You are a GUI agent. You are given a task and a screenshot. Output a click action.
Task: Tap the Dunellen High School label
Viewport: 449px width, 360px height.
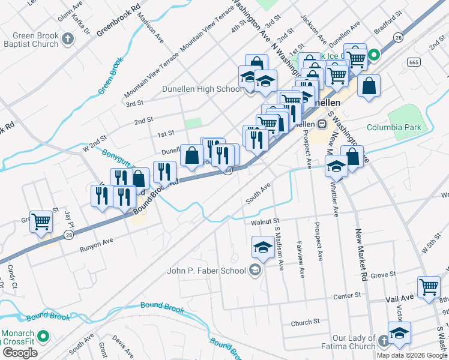tap(202, 89)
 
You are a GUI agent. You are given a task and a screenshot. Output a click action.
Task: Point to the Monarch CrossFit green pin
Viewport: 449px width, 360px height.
tap(42, 336)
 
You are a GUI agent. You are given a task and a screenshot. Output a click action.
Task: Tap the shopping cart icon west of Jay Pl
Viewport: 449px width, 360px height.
tap(41, 222)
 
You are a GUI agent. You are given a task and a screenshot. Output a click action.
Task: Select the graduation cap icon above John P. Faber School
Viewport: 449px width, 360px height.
tap(262, 246)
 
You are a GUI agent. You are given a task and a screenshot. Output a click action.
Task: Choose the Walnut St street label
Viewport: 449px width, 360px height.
tap(265, 222)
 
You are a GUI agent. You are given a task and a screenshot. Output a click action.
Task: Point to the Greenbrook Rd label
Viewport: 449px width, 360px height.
tap(118, 20)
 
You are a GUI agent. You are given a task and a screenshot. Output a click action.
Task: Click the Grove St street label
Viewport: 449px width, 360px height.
tap(382, 275)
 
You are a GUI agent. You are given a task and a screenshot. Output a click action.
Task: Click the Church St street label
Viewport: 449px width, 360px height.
tap(301, 323)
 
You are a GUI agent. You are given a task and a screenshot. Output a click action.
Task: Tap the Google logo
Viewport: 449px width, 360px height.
tap(20, 353)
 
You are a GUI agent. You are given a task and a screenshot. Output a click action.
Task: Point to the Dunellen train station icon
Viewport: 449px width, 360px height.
tap(322, 124)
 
